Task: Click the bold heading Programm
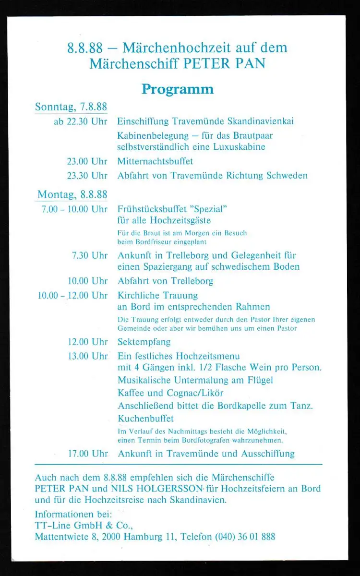click(x=177, y=89)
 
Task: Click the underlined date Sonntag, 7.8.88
click(x=71, y=107)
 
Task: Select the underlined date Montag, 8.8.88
click(x=72, y=194)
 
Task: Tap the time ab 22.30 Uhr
click(x=80, y=121)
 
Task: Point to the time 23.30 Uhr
click(x=87, y=176)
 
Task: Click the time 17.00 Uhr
click(x=88, y=454)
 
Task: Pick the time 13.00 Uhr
click(x=88, y=356)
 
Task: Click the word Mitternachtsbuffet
click(x=155, y=161)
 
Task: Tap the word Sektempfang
click(x=144, y=342)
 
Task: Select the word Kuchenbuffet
click(x=146, y=419)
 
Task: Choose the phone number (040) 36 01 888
click(x=245, y=537)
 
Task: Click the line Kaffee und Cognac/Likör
click(x=170, y=393)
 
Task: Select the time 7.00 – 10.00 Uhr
click(x=74, y=209)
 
